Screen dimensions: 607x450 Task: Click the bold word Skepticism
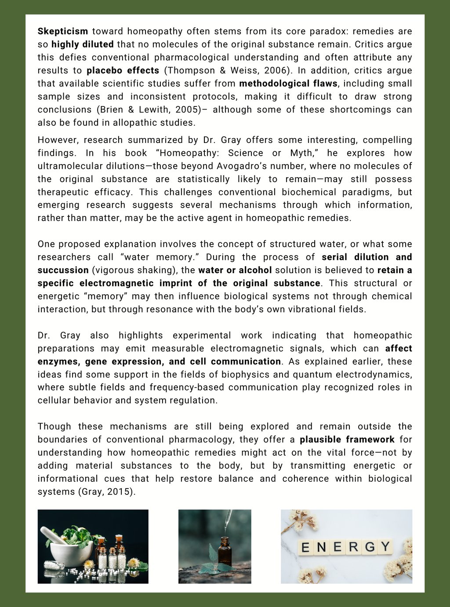tap(63, 31)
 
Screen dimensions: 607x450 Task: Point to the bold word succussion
tap(63, 270)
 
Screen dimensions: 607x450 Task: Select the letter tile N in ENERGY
tap(321, 548)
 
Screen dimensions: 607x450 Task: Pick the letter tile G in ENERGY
tap(370, 547)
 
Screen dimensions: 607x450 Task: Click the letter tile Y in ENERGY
tap(385, 547)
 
